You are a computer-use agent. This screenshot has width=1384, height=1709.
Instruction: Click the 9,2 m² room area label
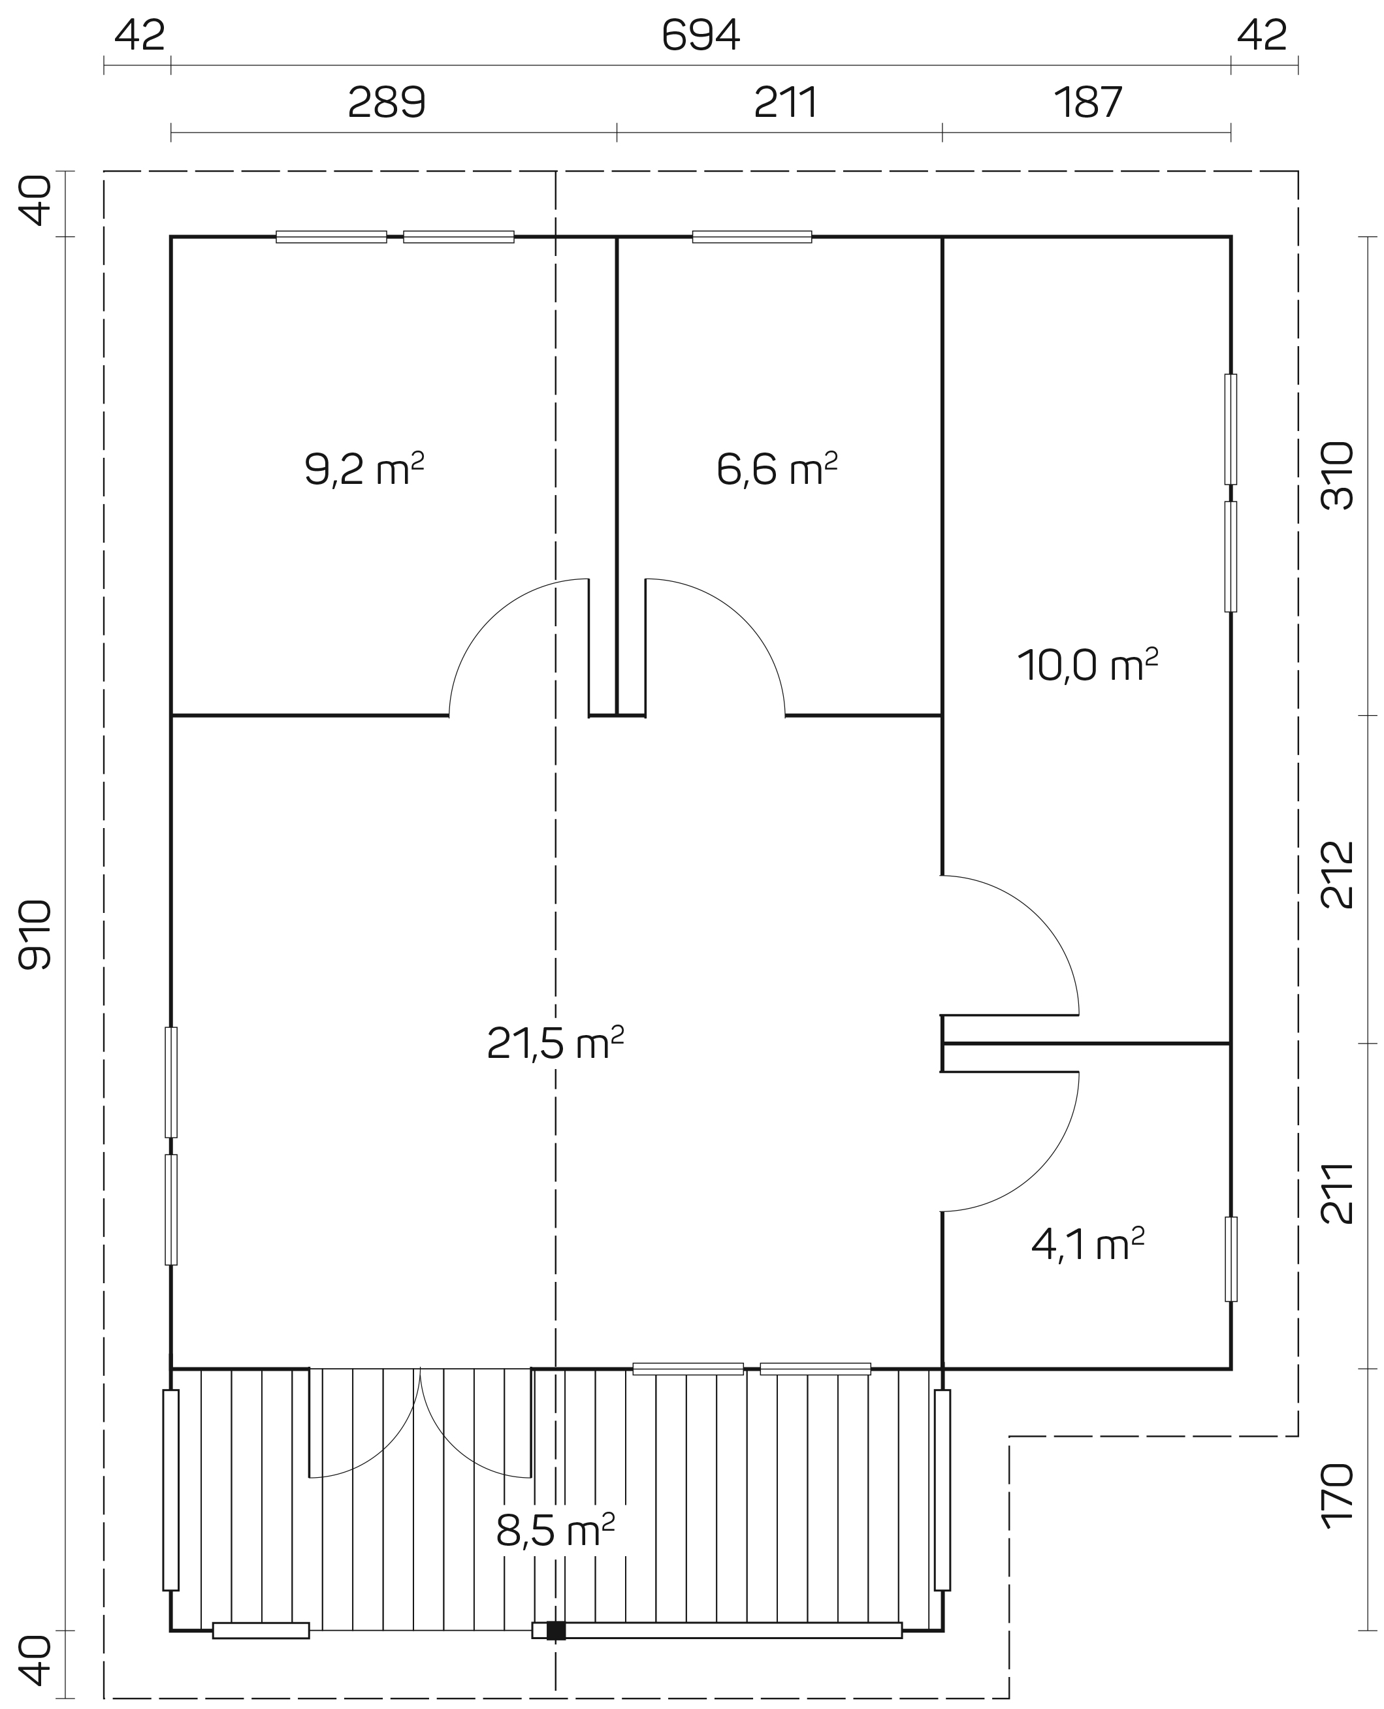click(364, 469)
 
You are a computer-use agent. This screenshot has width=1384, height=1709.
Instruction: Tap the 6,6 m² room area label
click(777, 469)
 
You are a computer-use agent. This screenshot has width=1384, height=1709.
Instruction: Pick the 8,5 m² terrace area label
click(556, 1529)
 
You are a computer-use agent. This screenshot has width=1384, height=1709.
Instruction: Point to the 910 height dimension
click(35, 935)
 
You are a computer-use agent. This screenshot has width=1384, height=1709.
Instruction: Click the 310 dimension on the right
click(1338, 476)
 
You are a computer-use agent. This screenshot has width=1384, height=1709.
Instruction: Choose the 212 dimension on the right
click(1338, 874)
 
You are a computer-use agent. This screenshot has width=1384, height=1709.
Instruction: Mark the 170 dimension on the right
click(1338, 1496)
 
